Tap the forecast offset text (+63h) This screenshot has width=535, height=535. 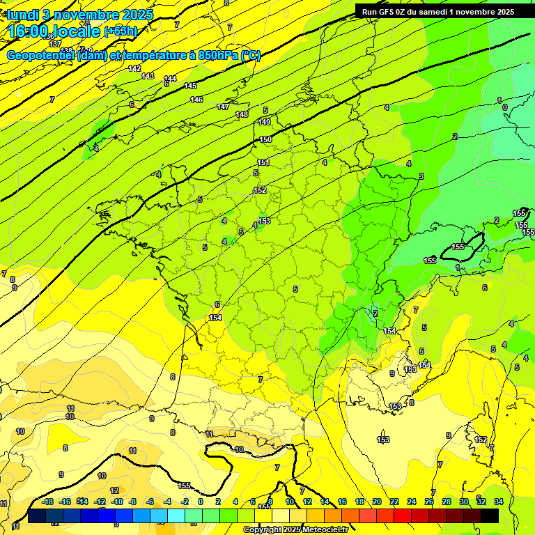[121, 31]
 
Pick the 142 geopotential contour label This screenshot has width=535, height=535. [135, 68]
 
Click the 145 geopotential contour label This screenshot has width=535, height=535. [190, 86]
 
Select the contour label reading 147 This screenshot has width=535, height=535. [223, 107]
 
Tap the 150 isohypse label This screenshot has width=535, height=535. [265, 139]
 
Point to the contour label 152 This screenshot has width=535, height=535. [260, 189]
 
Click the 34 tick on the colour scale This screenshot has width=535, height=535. [498, 502]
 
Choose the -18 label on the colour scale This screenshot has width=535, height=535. [48, 502]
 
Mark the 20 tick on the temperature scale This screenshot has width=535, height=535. [377, 502]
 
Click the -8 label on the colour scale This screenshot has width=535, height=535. [132, 502]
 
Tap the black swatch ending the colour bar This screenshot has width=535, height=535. [490, 515]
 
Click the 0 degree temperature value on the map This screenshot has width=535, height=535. [504, 107]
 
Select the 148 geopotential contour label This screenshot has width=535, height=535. [242, 114]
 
